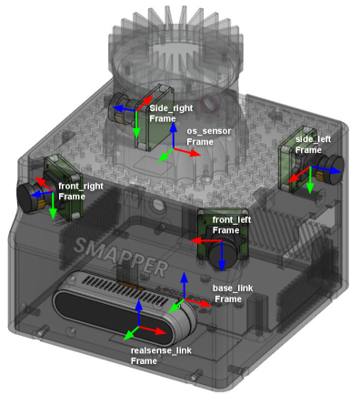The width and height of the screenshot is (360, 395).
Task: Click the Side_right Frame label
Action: tap(171, 114)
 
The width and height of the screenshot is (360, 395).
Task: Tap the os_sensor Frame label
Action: tap(208, 137)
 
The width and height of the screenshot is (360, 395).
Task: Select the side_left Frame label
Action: tap(313, 145)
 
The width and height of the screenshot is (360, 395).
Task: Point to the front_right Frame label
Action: tap(80, 191)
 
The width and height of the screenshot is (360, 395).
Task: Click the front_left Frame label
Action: tap(232, 225)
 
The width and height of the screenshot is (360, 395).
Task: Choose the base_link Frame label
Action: tap(233, 293)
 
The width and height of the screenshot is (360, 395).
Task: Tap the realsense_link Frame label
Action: tap(161, 356)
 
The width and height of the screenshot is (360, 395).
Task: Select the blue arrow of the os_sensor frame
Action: tap(173, 136)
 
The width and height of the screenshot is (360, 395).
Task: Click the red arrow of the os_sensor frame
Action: tap(186, 152)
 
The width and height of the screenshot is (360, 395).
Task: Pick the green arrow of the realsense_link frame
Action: tap(132, 333)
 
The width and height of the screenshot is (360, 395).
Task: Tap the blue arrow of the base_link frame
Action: tap(184, 286)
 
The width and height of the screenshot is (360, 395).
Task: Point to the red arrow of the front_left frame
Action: tap(206, 241)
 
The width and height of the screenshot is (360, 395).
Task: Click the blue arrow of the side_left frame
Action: tap(325, 169)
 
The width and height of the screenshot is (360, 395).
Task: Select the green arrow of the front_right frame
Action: tap(53, 206)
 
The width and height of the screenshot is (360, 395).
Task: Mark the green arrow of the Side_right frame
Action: tap(136, 125)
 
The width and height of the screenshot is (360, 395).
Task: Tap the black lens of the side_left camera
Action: tap(335, 169)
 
